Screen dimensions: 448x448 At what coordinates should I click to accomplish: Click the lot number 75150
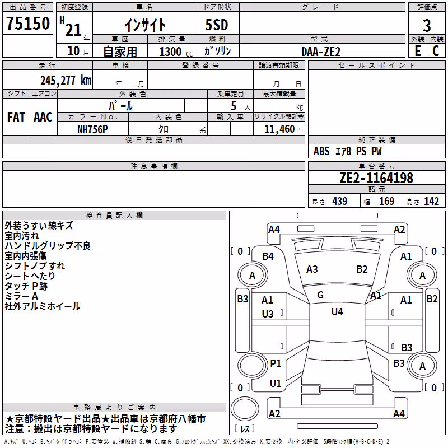[28, 24]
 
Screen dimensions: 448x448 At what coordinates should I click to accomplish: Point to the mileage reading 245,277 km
[66, 81]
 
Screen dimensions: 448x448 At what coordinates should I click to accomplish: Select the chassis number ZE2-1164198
[376, 178]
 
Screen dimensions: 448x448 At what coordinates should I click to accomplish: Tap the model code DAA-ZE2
[321, 52]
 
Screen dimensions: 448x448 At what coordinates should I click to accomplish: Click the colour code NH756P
[92, 129]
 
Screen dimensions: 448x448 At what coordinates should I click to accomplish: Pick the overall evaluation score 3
[427, 25]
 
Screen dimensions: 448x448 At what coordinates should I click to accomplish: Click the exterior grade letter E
[418, 51]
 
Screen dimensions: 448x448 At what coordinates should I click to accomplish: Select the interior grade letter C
[436, 51]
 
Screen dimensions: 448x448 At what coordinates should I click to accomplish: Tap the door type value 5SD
[217, 25]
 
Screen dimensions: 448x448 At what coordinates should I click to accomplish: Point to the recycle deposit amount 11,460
[279, 129]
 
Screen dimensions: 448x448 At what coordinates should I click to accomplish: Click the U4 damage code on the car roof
[337, 312]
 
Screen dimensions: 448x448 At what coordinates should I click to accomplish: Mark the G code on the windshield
[320, 295]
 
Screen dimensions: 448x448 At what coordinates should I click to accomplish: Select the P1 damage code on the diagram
[276, 363]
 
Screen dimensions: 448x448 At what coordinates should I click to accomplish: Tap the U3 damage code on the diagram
[268, 314]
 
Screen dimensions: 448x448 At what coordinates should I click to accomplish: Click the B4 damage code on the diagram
[268, 256]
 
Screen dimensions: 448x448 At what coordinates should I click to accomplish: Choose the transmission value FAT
[16, 117]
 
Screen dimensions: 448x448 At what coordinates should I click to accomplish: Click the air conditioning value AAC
[43, 117]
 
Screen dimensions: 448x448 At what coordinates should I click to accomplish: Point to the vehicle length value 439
[340, 202]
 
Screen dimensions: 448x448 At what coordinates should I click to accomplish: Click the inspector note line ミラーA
[21, 296]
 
